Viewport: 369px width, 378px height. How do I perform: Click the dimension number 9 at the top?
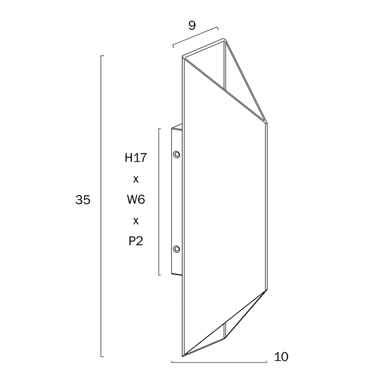click(x=192, y=26)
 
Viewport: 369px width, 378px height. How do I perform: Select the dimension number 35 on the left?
click(x=83, y=200)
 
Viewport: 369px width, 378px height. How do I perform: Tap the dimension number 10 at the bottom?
click(x=281, y=357)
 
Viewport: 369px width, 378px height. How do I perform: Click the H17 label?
click(x=136, y=158)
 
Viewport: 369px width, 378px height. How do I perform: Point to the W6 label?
click(x=136, y=200)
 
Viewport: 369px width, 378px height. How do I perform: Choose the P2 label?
click(x=136, y=241)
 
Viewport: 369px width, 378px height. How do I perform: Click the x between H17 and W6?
click(x=136, y=179)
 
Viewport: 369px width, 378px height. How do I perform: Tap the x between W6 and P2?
click(x=136, y=221)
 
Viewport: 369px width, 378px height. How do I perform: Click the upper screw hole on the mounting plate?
click(x=177, y=154)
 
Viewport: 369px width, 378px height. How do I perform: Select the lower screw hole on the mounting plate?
click(x=177, y=249)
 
